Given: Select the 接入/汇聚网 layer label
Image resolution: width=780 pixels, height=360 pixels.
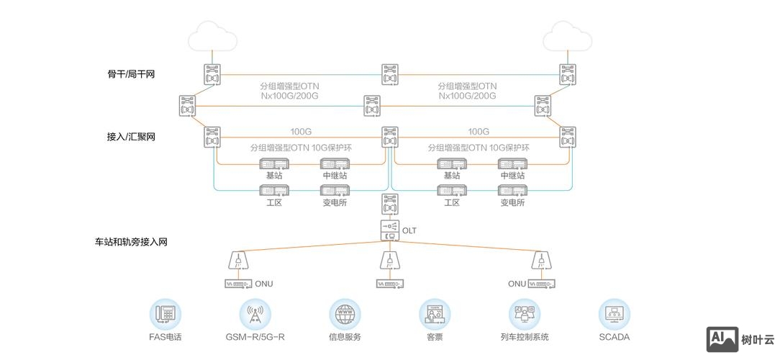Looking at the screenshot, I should (131, 137).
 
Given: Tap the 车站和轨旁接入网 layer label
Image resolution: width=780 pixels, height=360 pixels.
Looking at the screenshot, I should (131, 243).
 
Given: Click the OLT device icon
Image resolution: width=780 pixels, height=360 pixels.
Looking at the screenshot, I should (389, 230).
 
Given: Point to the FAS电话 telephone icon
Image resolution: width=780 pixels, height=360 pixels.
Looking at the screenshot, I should (165, 314).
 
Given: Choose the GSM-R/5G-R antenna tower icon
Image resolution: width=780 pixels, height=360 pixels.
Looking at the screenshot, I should (255, 314).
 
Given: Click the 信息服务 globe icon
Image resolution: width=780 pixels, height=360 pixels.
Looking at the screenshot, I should (345, 314).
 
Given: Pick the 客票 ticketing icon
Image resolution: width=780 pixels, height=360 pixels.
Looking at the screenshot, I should (435, 314).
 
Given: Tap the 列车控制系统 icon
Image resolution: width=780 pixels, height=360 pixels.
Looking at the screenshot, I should (525, 314).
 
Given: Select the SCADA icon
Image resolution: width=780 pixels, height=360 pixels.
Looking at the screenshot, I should (614, 314).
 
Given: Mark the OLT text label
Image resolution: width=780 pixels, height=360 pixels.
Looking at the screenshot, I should (409, 231).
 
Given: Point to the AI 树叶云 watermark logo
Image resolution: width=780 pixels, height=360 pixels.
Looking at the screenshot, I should (740, 339).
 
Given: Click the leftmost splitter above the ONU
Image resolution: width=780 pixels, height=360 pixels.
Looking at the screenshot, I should (236, 260).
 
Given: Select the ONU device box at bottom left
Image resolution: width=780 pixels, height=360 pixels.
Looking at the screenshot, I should (237, 284).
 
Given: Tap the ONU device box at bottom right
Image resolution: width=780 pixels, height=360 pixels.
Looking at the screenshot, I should (542, 284).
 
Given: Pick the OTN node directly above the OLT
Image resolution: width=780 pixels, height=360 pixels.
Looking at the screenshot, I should (389, 204).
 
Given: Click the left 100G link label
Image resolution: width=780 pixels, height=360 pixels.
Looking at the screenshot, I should (301, 132).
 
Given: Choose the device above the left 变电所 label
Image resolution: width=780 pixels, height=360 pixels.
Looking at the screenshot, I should (335, 191).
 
